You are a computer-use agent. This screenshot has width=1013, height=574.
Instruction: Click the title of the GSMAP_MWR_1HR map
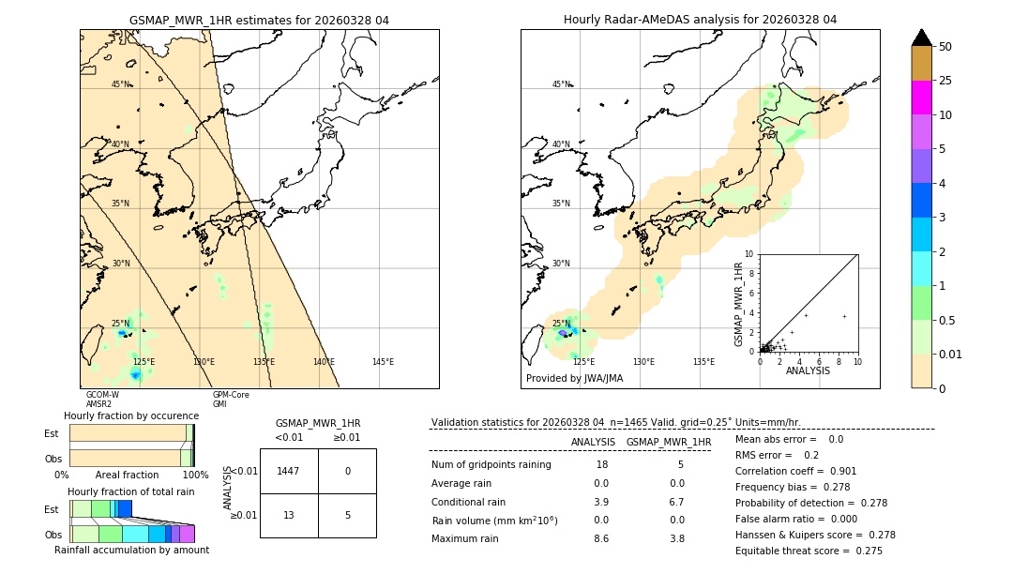coord(259,20)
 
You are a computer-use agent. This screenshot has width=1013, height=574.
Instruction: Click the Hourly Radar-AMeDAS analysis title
coord(700,20)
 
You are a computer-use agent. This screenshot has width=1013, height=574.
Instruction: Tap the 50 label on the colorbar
coord(946,47)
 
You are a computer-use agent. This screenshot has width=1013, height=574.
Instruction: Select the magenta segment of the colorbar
coord(921,98)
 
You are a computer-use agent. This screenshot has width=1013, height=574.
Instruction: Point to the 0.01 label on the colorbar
coord(951,354)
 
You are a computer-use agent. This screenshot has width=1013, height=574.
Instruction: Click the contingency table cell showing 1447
coord(289,471)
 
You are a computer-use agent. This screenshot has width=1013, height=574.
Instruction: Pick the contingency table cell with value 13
coord(289,515)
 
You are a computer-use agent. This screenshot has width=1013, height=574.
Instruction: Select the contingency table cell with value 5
coord(347,515)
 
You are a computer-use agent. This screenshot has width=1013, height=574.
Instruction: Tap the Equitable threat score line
coord(809,551)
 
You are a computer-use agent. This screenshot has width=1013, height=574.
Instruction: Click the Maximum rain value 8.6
coord(600,538)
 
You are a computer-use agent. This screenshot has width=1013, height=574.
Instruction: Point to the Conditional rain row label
coord(469,502)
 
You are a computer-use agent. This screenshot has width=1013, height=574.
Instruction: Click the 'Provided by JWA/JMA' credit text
coord(574,379)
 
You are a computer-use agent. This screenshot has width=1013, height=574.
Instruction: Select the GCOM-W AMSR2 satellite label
coord(102,400)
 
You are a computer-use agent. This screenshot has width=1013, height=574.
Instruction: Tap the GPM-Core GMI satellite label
coord(230,400)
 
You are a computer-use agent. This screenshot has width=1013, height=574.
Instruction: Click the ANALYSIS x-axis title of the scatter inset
coord(808,370)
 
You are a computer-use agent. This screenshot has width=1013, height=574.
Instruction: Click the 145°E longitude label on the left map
coord(383,362)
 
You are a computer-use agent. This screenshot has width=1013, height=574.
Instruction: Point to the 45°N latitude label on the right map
coord(561,84)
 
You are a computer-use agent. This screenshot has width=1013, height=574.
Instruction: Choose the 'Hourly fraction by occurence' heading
coord(131,415)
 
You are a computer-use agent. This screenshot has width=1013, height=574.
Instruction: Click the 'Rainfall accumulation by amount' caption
coord(131,550)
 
